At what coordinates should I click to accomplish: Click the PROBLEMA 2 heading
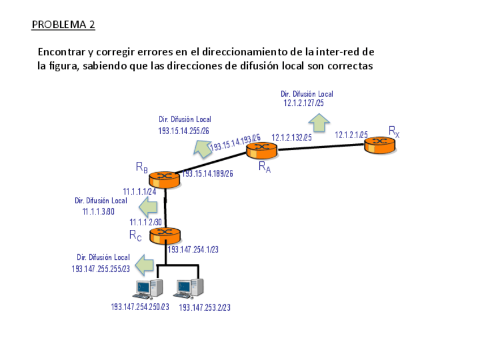(x=63, y=24)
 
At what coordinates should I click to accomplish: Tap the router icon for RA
(x=262, y=149)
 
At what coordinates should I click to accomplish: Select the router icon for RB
(x=165, y=178)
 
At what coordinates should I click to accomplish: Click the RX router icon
(x=379, y=145)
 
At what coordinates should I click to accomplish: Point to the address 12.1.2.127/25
(x=303, y=103)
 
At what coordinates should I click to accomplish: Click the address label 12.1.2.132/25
(x=292, y=137)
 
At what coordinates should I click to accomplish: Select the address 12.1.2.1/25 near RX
(x=351, y=135)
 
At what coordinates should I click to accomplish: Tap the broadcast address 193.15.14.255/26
(x=184, y=131)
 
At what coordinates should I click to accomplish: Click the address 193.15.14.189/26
(x=208, y=173)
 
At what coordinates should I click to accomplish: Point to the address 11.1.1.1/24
(x=140, y=191)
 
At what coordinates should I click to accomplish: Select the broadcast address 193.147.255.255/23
(x=101, y=268)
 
